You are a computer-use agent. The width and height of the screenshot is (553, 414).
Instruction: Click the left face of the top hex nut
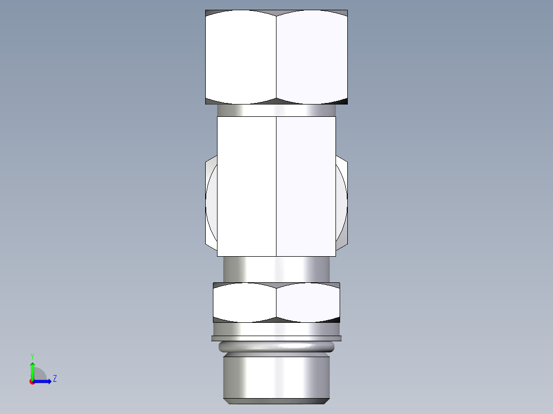pyautogui.click(x=241, y=56)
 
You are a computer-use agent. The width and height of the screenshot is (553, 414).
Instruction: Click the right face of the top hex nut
pyautogui.click(x=312, y=56)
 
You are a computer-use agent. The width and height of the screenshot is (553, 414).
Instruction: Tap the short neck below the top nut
pyautogui.click(x=276, y=110)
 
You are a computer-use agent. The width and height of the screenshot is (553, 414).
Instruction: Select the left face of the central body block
pyautogui.click(x=247, y=186)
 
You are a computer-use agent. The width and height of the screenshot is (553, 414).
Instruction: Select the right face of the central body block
pyautogui.click(x=306, y=186)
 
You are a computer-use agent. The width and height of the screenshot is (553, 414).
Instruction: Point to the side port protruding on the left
pyautogui.click(x=211, y=202)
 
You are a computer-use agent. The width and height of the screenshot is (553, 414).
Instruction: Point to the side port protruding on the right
pyautogui.click(x=342, y=202)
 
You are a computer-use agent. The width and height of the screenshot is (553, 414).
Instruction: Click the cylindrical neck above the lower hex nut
pyautogui.click(x=276, y=269)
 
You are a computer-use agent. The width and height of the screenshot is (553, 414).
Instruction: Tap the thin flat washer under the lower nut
pyautogui.click(x=276, y=338)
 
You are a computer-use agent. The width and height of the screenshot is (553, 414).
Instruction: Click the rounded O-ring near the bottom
pyautogui.click(x=276, y=347)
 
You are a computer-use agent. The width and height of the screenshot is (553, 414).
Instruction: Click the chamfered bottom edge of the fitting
pyautogui.click(x=276, y=400)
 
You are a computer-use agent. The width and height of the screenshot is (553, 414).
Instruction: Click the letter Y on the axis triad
pyautogui.click(x=32, y=356)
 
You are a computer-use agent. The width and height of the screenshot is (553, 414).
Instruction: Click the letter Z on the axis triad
pyautogui.click(x=54, y=379)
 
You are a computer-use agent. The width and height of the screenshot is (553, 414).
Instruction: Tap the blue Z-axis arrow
pyautogui.click(x=44, y=381)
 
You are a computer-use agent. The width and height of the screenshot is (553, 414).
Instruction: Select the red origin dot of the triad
pyautogui.click(x=32, y=382)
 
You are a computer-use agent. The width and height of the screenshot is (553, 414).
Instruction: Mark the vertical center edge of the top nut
pyautogui.click(x=276, y=56)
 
